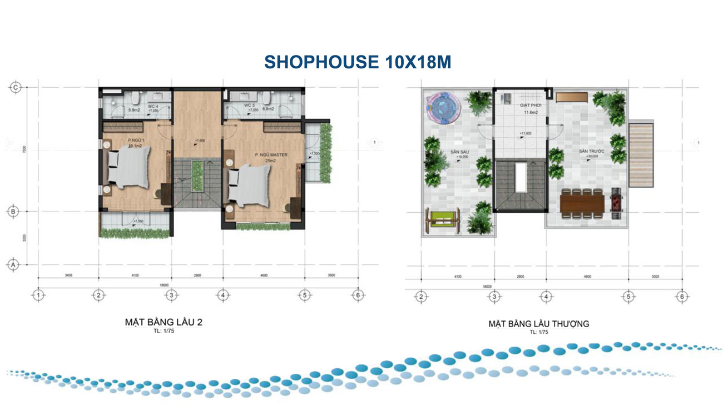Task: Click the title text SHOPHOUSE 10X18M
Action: pyautogui.click(x=357, y=62)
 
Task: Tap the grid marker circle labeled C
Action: pyautogui.click(x=16, y=87)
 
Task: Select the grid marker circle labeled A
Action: pyautogui.click(x=16, y=265)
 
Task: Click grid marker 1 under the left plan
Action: pyautogui.click(x=38, y=295)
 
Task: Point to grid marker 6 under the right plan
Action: pyautogui.click(x=681, y=297)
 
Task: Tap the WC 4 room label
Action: pyautogui.click(x=153, y=105)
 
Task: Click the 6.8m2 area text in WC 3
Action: pyautogui.click(x=269, y=110)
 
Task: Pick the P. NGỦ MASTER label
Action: pyautogui.click(x=271, y=155)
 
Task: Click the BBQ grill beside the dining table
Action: pyautogui.click(x=616, y=203)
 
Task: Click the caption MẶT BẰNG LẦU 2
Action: pyautogui.click(x=155, y=322)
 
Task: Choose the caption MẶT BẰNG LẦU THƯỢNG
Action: pyautogui.click(x=538, y=323)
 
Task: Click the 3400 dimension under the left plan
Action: pyautogui.click(x=68, y=275)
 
